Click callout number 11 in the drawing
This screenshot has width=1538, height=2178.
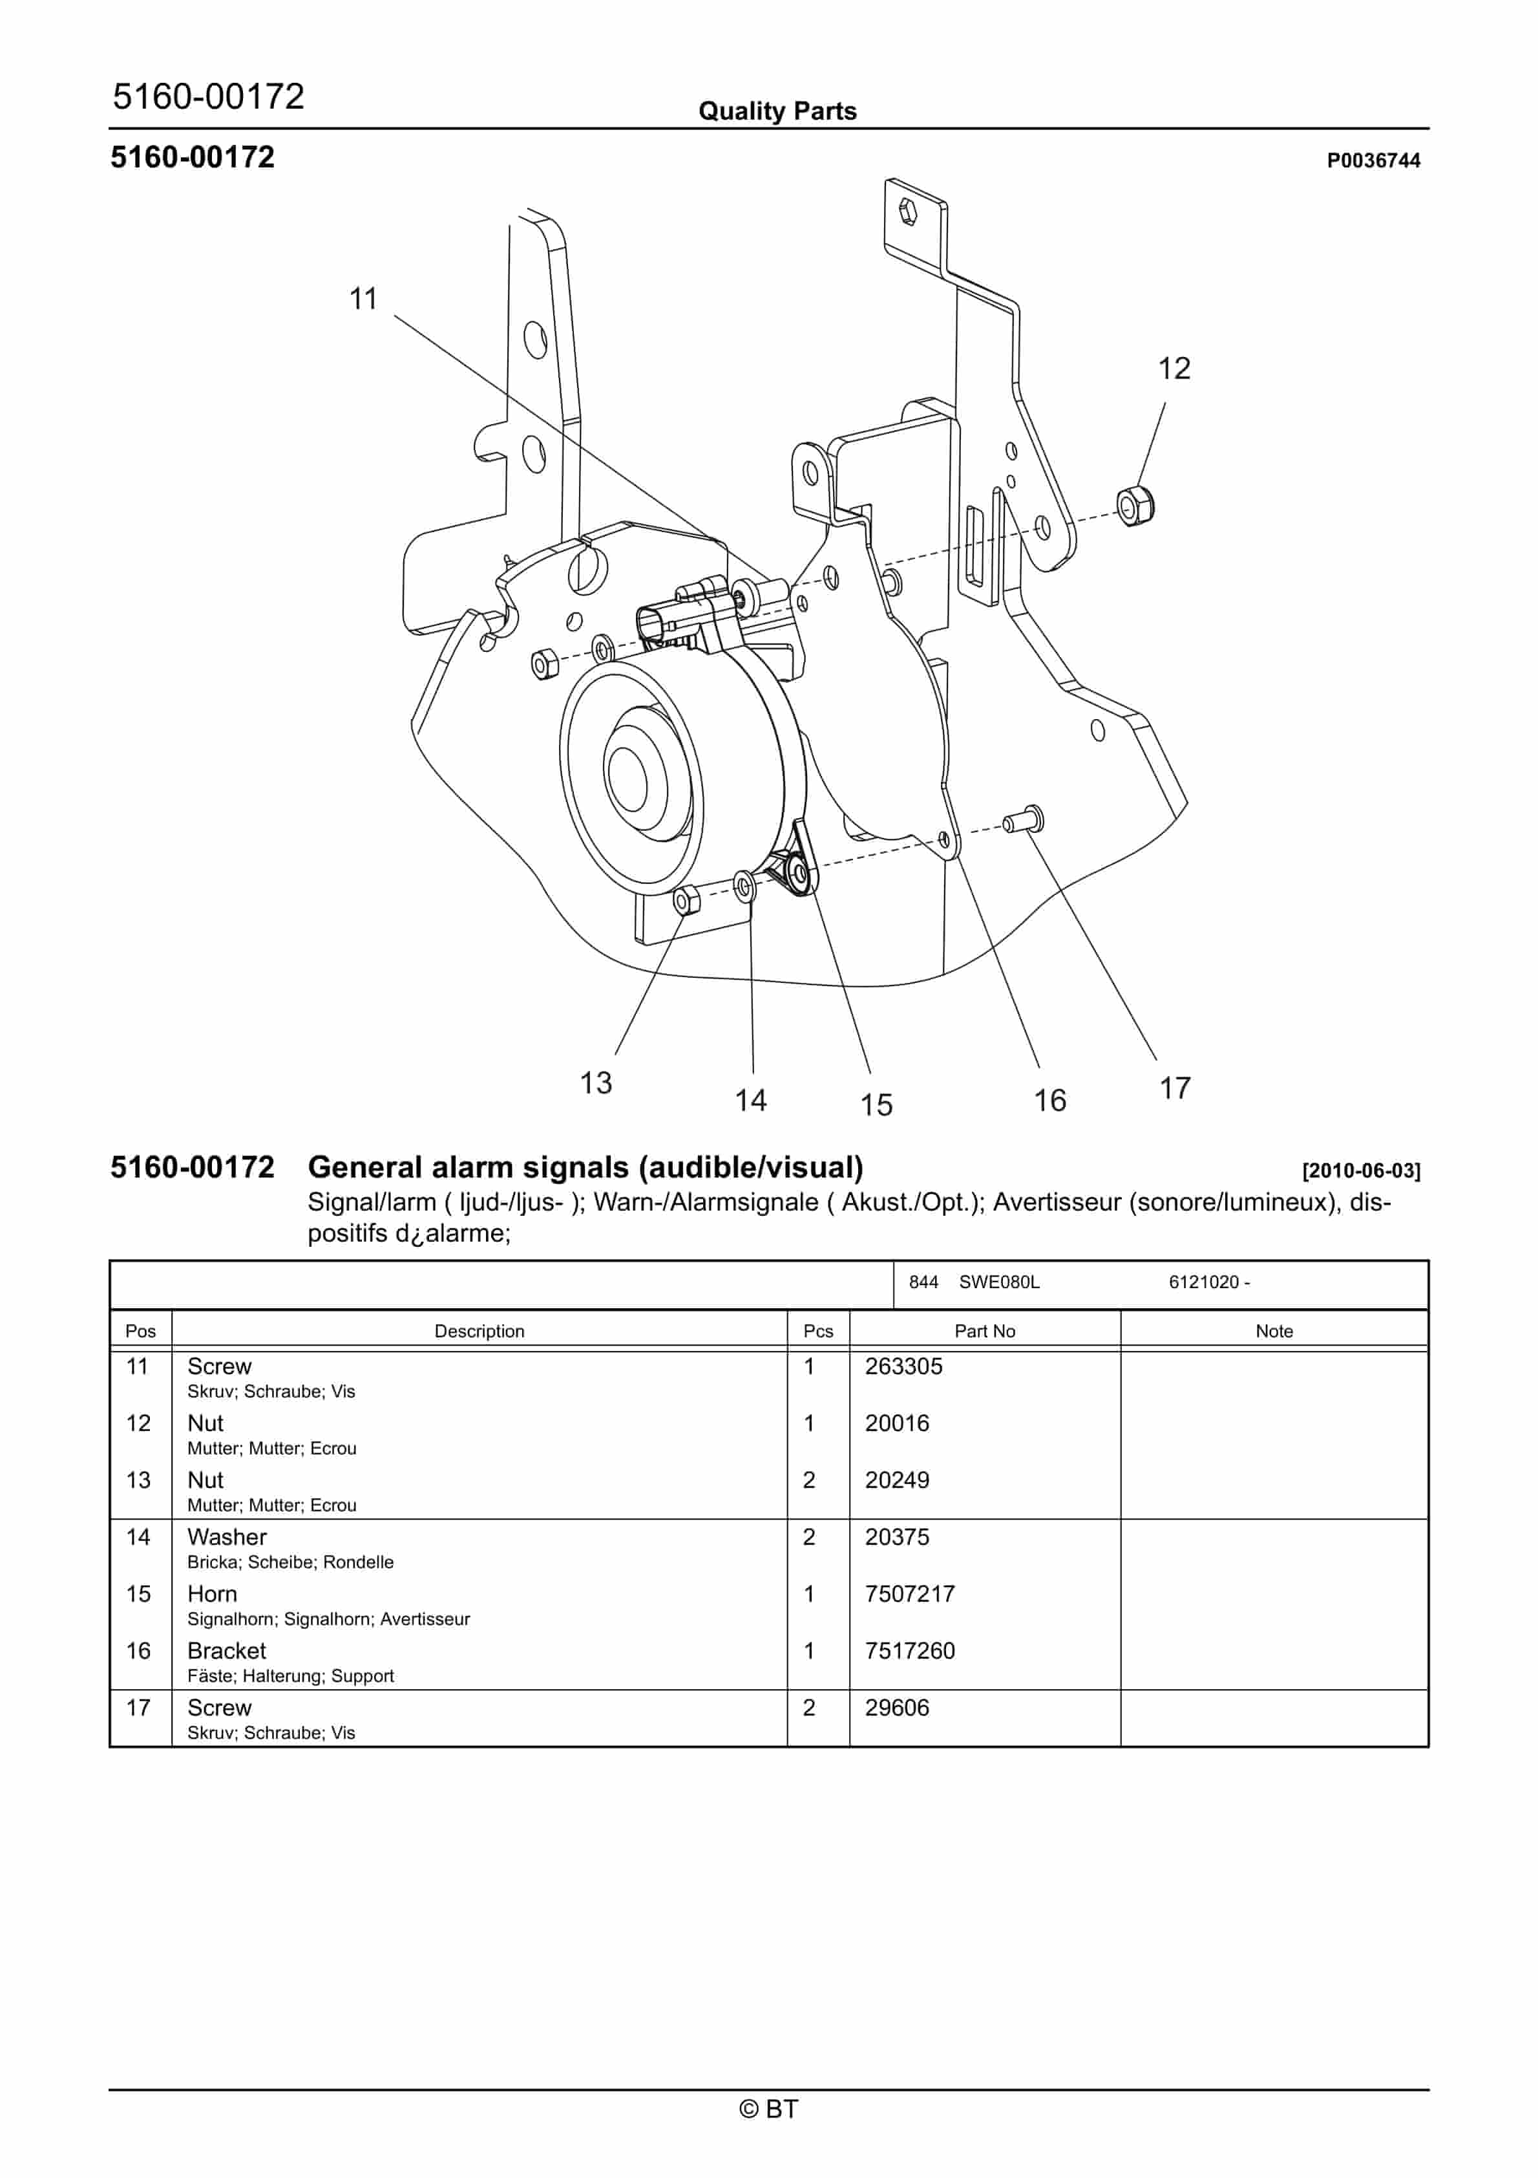point(363,299)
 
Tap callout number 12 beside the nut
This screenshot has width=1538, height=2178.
point(1174,368)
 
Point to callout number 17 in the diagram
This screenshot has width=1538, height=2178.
point(1175,1088)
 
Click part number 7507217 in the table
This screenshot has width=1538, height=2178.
point(909,1593)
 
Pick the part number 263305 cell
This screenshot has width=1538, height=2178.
point(903,1366)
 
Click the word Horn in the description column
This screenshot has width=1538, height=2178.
point(213,1593)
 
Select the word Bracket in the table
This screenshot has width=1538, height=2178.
point(227,1650)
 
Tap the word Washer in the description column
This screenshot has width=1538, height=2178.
point(227,1536)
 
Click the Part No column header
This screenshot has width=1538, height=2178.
point(984,1331)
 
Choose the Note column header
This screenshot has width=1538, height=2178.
point(1274,1331)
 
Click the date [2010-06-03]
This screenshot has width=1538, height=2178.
point(1361,1170)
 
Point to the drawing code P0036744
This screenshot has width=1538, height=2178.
point(1373,160)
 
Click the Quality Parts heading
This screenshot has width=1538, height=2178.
point(777,111)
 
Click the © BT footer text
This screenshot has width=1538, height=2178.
point(768,2109)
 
